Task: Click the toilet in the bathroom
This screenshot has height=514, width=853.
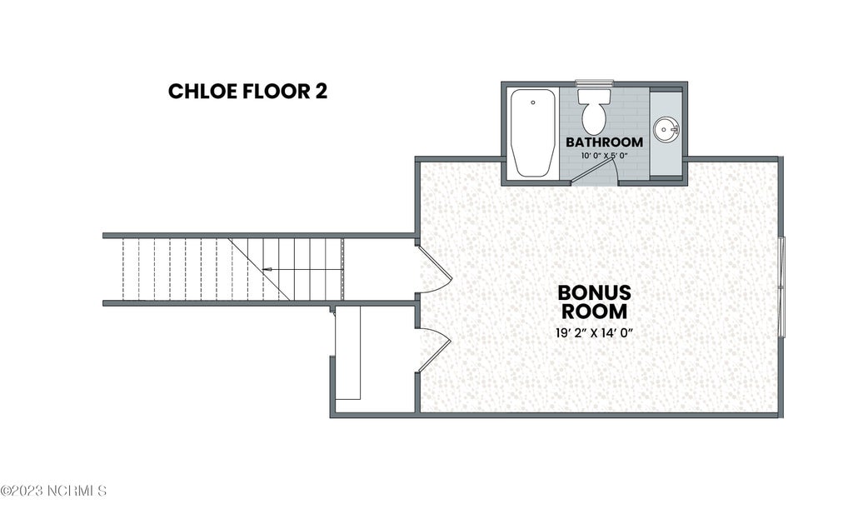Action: [594, 111]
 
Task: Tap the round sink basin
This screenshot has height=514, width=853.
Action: [666, 129]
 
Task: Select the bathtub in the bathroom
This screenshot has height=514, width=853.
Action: [533, 132]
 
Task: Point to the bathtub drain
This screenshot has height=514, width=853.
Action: [533, 102]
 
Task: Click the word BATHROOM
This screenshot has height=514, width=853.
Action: [605, 142]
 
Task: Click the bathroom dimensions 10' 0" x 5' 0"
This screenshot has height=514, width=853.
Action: [605, 156]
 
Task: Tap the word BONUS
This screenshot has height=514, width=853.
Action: [594, 292]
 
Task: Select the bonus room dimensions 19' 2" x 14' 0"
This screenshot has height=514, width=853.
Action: [594, 333]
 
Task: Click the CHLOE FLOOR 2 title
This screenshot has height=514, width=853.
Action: [248, 92]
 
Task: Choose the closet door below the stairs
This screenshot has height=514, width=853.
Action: [434, 350]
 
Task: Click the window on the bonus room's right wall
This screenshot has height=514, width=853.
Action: [781, 287]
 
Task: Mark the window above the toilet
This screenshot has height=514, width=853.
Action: [594, 83]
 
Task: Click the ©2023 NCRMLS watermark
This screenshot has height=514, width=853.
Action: [53, 491]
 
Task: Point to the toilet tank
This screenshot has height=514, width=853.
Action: [594, 97]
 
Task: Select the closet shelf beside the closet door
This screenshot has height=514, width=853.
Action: [347, 352]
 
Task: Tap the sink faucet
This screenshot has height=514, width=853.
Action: [675, 130]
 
